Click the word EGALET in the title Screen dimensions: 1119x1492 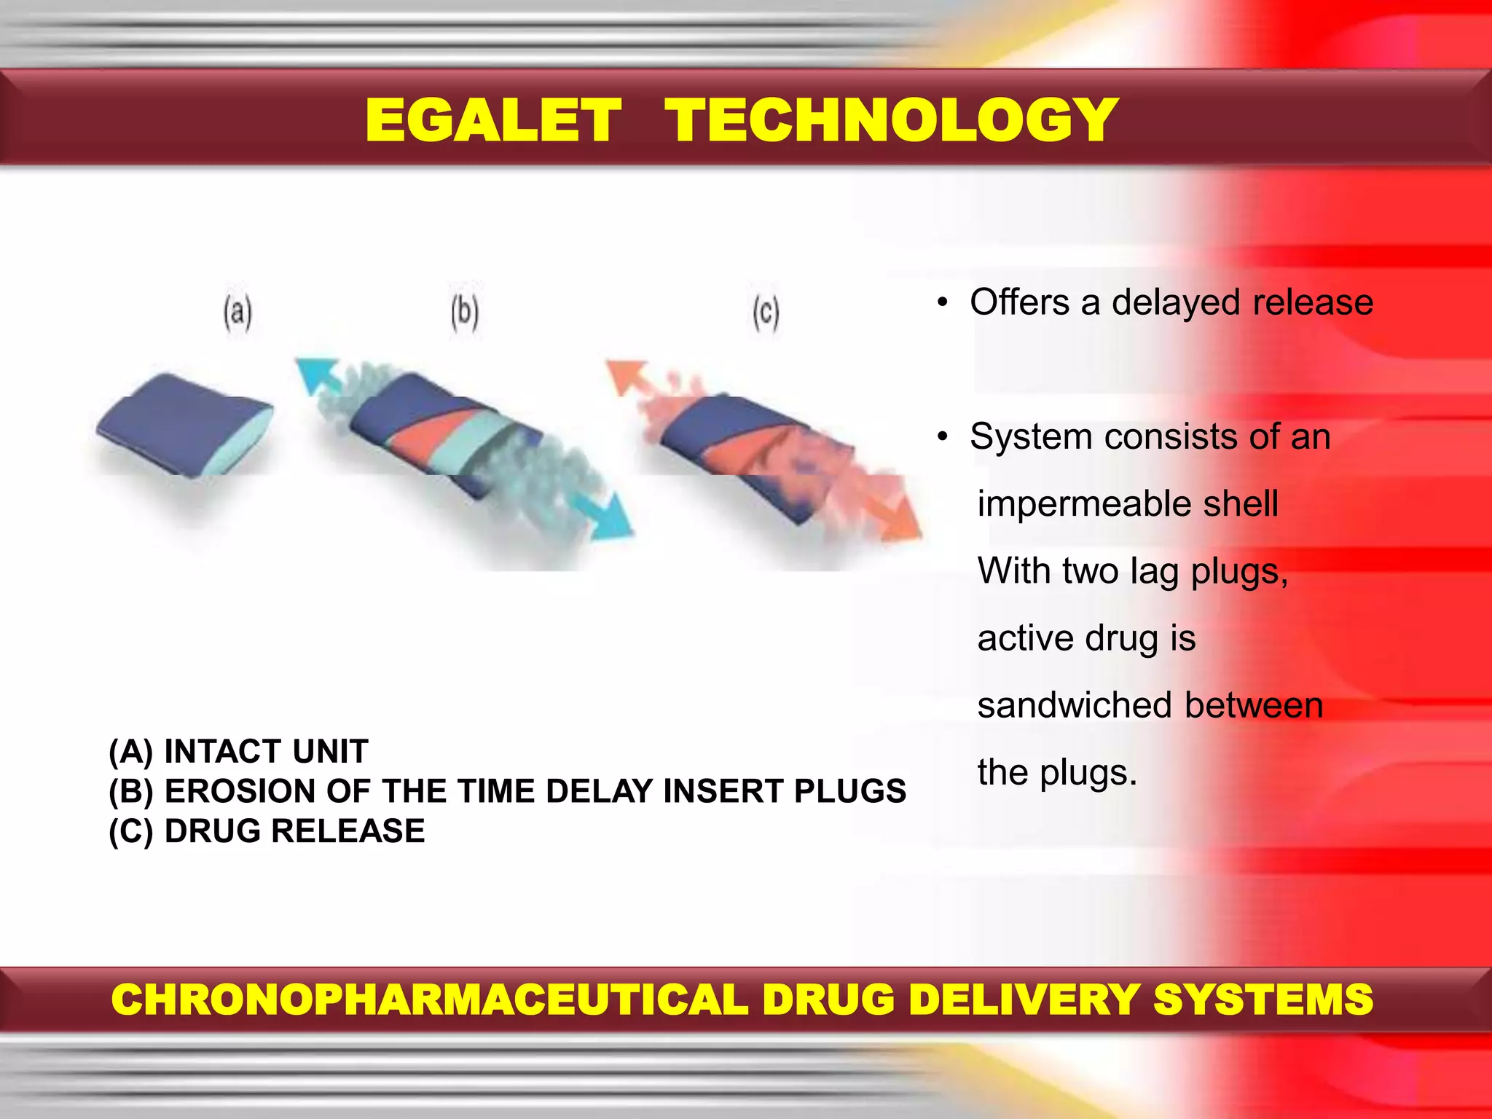coord(493,121)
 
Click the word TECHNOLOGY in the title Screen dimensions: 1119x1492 coord(891,121)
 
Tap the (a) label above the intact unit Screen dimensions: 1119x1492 coord(237,313)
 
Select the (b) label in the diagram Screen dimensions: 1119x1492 coord(465,313)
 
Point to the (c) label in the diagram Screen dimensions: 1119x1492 coord(766,313)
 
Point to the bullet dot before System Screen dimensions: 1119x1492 coord(943,437)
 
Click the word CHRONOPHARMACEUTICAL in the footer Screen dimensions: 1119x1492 coord(429,1000)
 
